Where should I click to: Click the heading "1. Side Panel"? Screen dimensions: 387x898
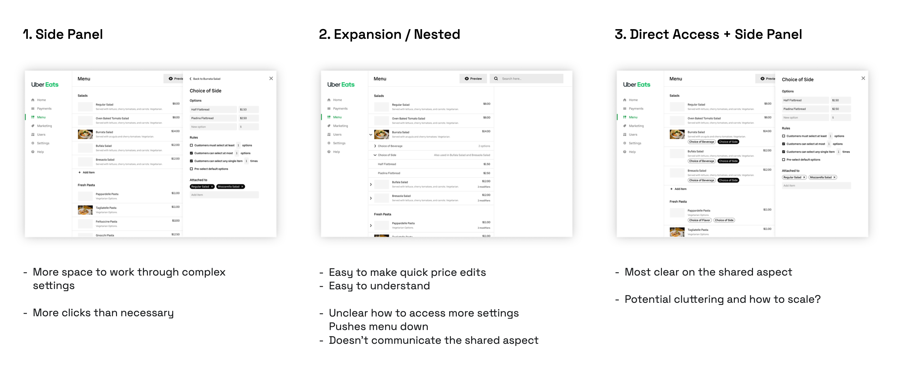[x=63, y=34]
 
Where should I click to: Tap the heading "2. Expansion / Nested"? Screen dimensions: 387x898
[x=389, y=34]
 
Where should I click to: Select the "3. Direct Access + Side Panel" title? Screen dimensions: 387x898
[x=708, y=34]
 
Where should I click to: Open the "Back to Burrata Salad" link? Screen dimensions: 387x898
[x=206, y=79]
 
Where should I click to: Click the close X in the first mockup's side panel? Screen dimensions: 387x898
[x=271, y=79]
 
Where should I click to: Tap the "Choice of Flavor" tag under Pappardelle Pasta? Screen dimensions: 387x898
[x=699, y=220]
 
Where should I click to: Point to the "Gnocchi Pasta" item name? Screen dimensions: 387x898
[x=105, y=235]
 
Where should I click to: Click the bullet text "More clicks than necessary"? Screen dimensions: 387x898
[x=103, y=313]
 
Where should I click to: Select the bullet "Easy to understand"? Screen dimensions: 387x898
[x=379, y=286]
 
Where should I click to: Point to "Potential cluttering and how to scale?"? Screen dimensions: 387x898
[x=722, y=299]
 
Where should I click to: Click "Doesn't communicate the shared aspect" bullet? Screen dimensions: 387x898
[x=433, y=340]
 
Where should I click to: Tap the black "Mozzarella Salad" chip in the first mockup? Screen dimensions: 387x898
[x=230, y=187]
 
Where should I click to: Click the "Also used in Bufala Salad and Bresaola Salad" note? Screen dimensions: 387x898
[x=462, y=155]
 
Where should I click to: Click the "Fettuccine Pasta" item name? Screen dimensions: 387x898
[x=106, y=222]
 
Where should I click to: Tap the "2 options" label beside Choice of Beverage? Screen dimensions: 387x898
[x=484, y=146]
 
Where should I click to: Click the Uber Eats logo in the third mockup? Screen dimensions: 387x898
[x=636, y=85]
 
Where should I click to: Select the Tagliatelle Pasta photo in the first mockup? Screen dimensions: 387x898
[x=85, y=210]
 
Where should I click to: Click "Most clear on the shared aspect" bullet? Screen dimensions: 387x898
[x=708, y=272]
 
